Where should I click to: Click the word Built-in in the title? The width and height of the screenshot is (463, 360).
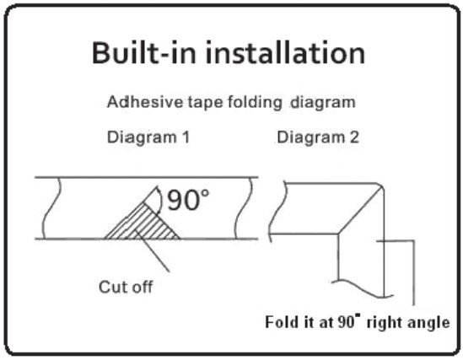144,53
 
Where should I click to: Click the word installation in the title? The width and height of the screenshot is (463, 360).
286,53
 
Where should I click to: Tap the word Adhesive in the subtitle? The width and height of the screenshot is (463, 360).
145,102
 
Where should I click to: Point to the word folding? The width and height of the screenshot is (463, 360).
255,103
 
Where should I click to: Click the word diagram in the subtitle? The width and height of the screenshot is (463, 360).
323,103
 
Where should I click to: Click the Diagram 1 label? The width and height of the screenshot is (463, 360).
148,137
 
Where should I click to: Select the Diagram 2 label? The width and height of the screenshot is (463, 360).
318,137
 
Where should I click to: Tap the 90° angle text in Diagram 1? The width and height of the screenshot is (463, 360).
188,200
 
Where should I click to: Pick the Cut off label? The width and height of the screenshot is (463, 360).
126,287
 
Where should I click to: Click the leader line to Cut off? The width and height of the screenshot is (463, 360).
153,251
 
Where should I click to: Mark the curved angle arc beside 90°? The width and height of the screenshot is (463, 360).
159,201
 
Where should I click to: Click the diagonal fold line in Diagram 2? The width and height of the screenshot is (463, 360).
361,211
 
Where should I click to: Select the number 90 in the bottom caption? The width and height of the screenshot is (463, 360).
347,322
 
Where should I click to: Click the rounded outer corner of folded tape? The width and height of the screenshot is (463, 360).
381,185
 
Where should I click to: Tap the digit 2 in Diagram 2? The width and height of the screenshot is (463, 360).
354,137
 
